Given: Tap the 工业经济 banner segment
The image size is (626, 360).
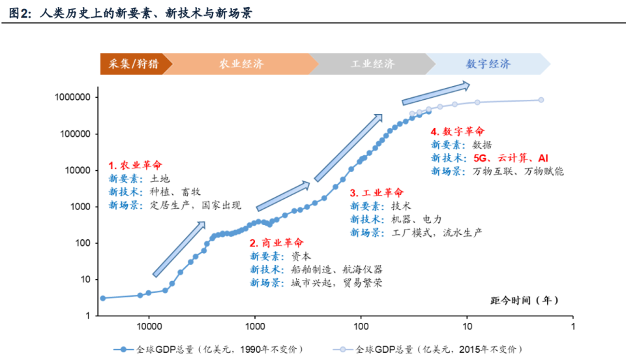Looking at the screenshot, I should (372, 64).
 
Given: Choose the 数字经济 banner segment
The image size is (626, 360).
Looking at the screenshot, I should (488, 64).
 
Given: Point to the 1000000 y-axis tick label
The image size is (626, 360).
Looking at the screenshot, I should (74, 97).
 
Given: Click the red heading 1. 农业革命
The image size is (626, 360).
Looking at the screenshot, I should (135, 165).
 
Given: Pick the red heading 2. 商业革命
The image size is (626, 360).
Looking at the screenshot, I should (276, 243).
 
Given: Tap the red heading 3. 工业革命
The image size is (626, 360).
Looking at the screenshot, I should (376, 192).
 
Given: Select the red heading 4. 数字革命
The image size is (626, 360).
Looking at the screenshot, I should (458, 131).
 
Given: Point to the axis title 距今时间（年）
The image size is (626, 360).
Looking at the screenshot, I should (524, 301).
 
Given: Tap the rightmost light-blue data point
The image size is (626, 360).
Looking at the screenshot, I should (541, 100).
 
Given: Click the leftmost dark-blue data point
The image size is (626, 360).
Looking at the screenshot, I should (102, 298).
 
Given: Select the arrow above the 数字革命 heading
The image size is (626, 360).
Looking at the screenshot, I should (436, 93).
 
